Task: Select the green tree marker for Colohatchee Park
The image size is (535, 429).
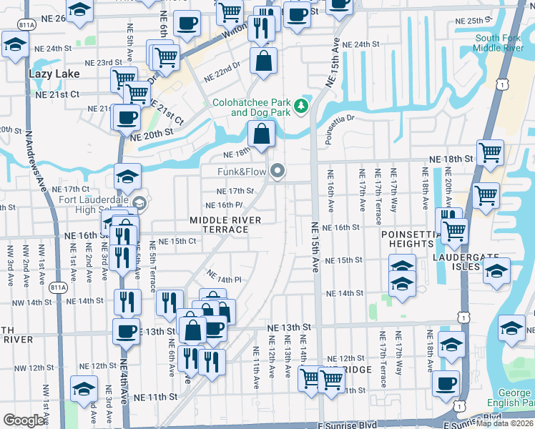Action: [x=302, y=106]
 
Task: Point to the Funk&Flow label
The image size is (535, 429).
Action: [x=242, y=172]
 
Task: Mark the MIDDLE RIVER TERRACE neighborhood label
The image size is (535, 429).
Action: [x=219, y=225]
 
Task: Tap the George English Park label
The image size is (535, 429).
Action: [x=513, y=398]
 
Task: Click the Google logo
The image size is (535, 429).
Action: [x=24, y=420]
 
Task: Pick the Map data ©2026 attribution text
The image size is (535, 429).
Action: [x=504, y=423]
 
